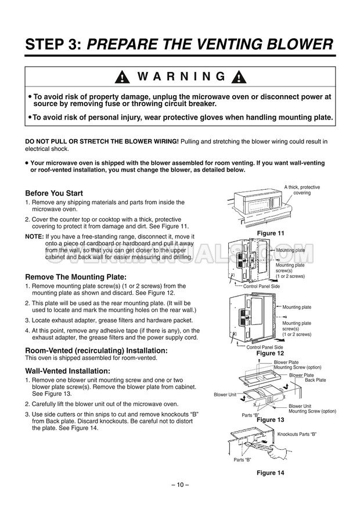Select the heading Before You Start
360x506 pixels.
[54, 193]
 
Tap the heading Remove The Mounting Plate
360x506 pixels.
[75, 277]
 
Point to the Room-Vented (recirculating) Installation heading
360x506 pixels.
[96, 350]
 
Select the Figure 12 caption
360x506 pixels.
[270, 353]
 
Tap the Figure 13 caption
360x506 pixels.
[270, 419]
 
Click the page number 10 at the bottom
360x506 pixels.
[180, 485]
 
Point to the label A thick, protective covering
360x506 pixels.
[301, 190]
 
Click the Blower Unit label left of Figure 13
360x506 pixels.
[225, 394]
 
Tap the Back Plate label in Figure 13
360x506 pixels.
[315, 380]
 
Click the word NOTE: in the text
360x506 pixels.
[34, 237]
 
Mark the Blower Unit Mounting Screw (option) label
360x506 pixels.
[312, 409]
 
